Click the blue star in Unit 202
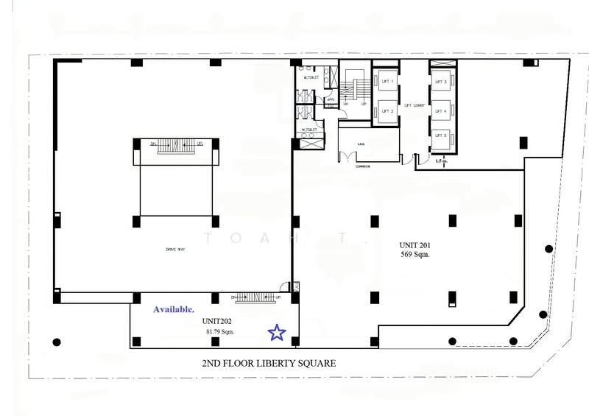click(x=276, y=333)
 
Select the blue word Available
click(x=174, y=309)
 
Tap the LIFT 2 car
click(x=383, y=111)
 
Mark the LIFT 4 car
click(x=440, y=111)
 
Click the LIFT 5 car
click(x=440, y=137)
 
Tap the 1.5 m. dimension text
click(x=441, y=160)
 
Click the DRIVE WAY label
click(x=174, y=250)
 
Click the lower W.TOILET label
click(x=308, y=130)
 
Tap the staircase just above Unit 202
click(x=257, y=297)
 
